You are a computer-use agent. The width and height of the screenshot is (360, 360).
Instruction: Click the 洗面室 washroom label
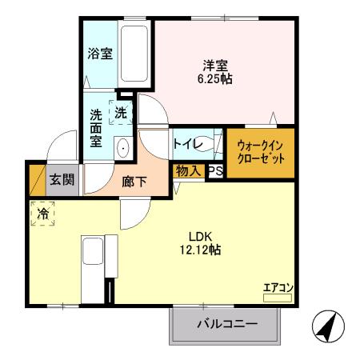[x=96, y=127]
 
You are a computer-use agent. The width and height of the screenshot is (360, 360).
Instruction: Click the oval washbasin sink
[x=123, y=148]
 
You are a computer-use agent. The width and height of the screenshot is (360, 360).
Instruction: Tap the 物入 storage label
[x=189, y=170]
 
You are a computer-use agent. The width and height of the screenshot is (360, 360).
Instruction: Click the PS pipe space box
[x=215, y=170]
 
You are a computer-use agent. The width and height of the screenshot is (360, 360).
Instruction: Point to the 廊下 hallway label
[x=134, y=182]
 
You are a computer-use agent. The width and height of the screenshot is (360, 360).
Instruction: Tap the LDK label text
[x=200, y=236]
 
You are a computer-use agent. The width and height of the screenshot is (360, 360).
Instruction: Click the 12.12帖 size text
[x=200, y=250]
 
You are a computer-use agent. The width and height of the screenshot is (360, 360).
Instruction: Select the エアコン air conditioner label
[x=278, y=288]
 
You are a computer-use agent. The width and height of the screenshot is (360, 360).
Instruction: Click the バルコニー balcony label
[x=226, y=325]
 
